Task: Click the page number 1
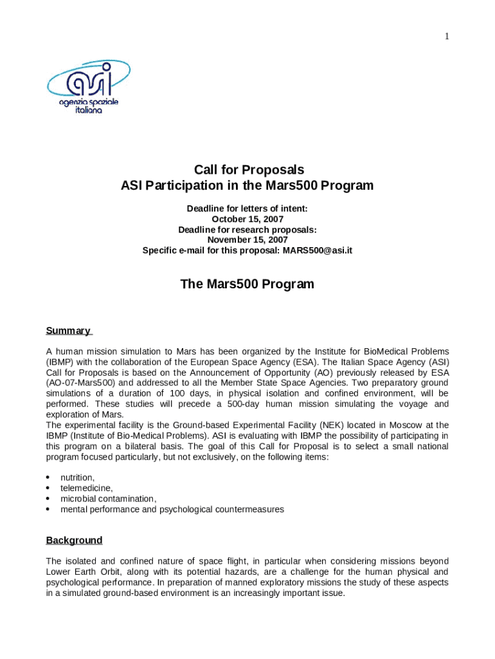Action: coord(446,36)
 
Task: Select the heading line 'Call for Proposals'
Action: coord(249,170)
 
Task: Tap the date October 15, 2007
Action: coord(248,219)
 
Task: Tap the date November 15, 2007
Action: coord(248,239)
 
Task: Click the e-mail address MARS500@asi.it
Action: coord(318,250)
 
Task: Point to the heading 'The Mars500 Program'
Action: coord(248,284)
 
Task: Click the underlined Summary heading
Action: coord(68,331)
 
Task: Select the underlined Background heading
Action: coord(74,540)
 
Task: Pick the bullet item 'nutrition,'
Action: coord(77,478)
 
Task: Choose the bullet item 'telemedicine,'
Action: coord(86,488)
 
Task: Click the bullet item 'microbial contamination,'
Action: coord(108,498)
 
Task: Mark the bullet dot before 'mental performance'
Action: coord(49,509)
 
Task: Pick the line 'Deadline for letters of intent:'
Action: coord(248,209)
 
